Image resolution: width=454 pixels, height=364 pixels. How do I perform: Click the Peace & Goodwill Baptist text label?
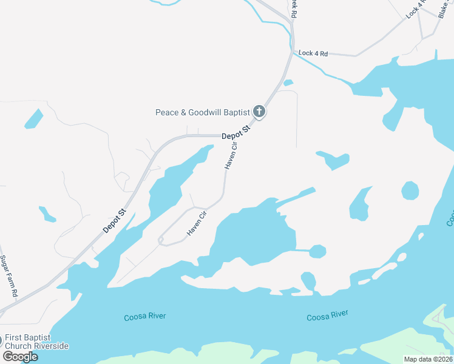(203, 112)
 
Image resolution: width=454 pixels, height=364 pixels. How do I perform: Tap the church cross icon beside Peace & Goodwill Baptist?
(259, 112)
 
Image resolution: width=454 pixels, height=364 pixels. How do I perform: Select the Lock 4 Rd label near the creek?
(313, 53)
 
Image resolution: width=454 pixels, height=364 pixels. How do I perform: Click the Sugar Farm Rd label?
(8, 276)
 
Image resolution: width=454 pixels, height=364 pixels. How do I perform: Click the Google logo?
(20, 356)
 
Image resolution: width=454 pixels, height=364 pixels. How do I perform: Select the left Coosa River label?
(144, 316)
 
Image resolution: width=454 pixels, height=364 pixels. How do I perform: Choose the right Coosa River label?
(327, 316)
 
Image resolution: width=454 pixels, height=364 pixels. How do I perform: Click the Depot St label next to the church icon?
(236, 132)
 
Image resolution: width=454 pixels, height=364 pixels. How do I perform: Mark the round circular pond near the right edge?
(410, 190)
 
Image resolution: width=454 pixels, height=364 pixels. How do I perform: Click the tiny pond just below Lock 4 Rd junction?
(288, 83)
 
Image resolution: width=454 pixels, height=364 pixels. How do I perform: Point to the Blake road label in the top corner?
(445, 10)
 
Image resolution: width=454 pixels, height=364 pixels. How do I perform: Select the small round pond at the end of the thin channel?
(317, 251)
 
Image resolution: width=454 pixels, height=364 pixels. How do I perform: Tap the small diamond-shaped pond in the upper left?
(34, 118)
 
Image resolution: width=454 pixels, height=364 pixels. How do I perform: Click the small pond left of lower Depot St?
(47, 214)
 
